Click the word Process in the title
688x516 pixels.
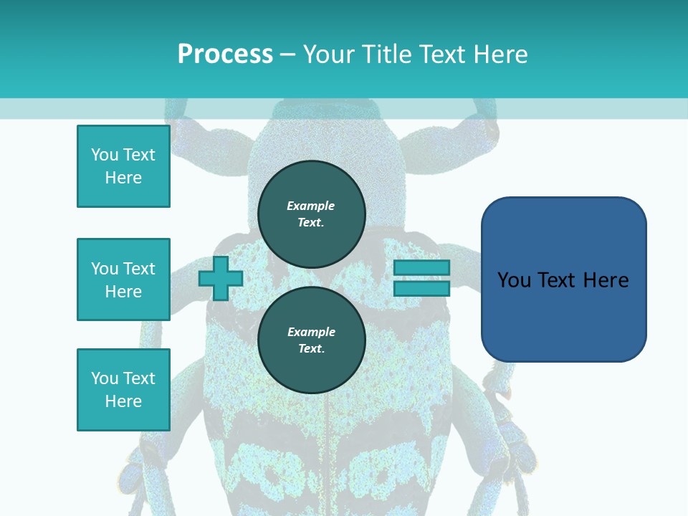coord(225,54)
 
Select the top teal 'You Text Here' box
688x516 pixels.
coord(123,166)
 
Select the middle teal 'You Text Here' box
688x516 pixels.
coord(123,279)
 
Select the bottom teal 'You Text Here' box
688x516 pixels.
coord(123,390)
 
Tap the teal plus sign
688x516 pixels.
coord(220,279)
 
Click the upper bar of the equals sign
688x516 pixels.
coord(421,268)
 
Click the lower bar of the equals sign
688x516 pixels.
coord(421,289)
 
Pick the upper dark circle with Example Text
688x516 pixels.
coord(311,214)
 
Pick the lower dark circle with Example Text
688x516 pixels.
coord(311,340)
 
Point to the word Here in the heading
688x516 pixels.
coord(500,54)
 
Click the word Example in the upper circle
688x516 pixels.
coord(311,206)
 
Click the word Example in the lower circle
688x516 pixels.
coord(311,332)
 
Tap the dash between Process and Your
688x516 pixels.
coord(287,54)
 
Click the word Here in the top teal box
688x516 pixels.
coord(123,178)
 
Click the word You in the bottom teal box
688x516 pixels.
coord(105,378)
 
